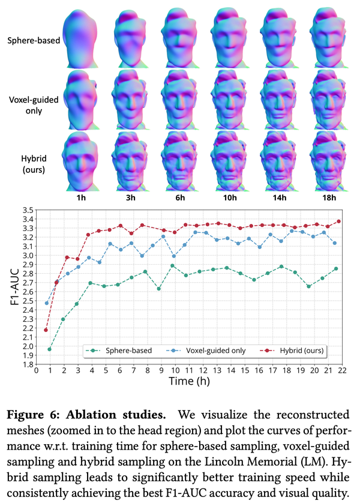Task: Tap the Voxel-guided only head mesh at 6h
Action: tap(184, 98)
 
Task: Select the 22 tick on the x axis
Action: tap(341, 372)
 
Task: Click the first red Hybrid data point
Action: tap(46, 330)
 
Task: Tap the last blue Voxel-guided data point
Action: tap(334, 243)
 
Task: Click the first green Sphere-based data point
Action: tap(50, 349)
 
